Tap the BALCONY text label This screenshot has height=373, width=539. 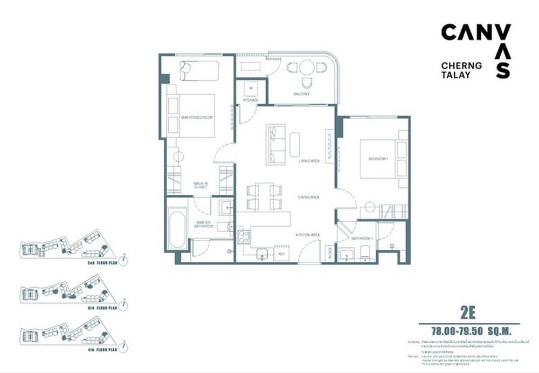(x=301, y=94)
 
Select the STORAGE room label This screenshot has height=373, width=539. (x=251, y=100)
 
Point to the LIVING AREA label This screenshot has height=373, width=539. (x=310, y=161)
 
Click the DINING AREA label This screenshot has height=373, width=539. (x=309, y=198)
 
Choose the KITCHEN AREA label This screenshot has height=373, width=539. (x=308, y=235)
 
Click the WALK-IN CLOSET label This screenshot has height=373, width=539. (x=201, y=186)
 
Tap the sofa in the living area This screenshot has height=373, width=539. (x=275, y=144)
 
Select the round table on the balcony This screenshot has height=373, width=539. (x=307, y=67)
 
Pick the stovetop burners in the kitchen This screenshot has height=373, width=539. (x=244, y=236)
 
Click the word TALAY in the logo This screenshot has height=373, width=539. (x=455, y=76)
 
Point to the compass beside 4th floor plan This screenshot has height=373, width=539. (x=125, y=345)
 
